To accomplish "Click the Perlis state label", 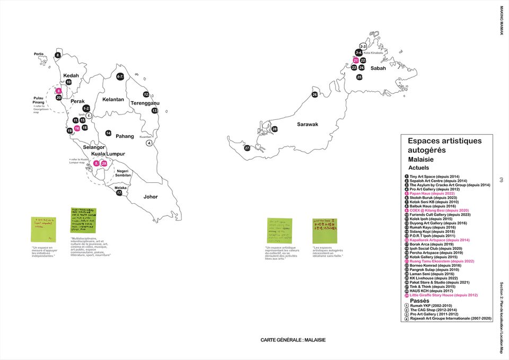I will (x=39, y=54).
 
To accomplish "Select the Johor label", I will (x=151, y=197).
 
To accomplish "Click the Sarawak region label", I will (x=308, y=124).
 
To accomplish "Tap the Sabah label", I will (x=378, y=68).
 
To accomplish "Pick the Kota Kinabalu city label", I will (x=373, y=53).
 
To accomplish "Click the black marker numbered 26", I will (x=314, y=94).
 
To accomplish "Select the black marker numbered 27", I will (x=247, y=148).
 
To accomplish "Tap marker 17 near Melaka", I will (x=120, y=193).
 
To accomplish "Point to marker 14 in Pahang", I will (x=108, y=133).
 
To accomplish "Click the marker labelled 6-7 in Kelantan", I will (x=120, y=76).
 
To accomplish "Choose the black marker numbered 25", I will (x=359, y=77).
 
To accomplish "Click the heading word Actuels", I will (x=418, y=168).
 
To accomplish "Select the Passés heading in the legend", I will (x=419, y=301).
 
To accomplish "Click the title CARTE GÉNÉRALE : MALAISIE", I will (x=293, y=340).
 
